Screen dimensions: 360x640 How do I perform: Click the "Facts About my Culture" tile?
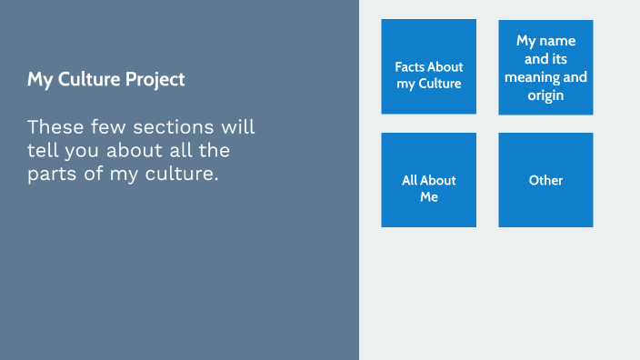click(428, 66)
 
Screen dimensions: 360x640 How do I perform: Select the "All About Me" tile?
click(428, 179)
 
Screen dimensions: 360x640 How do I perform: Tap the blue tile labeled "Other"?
click(545, 179)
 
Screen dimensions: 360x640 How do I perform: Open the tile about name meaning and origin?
click(545, 67)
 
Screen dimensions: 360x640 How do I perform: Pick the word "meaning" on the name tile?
click(533, 76)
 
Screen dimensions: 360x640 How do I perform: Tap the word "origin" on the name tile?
click(545, 95)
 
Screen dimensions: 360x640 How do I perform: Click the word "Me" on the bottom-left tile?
click(429, 196)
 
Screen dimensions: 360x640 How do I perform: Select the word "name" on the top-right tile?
click(557, 41)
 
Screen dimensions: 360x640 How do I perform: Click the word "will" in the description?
click(238, 125)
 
